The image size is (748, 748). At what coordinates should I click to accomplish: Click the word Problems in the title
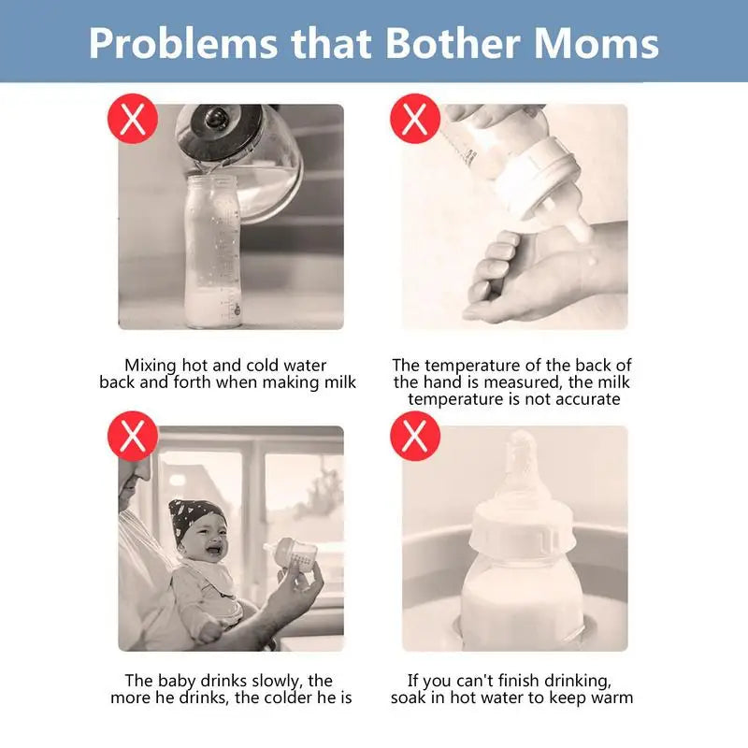(183, 44)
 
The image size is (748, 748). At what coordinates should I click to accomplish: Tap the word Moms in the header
(596, 43)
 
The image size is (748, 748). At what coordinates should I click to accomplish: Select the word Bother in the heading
(453, 43)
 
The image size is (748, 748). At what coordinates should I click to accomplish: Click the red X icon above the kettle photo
(133, 119)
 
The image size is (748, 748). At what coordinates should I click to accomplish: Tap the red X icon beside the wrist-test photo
(415, 119)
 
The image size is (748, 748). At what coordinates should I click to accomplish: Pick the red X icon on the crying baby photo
(133, 436)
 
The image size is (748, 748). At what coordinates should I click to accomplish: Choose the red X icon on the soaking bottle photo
(415, 436)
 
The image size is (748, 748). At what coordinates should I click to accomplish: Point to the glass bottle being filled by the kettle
(213, 252)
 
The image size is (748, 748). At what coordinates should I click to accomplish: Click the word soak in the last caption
(409, 698)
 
